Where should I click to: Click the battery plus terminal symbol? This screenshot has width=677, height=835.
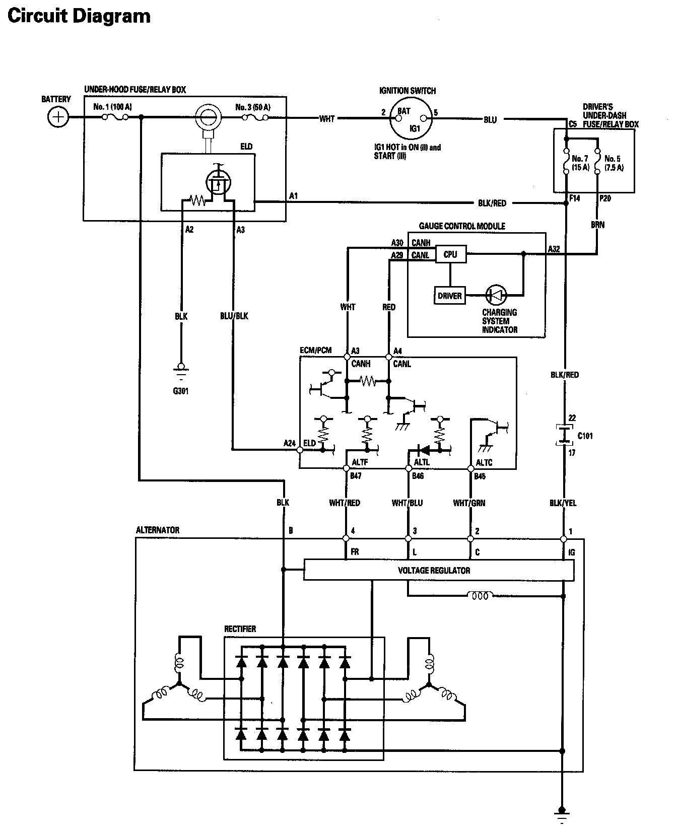pyautogui.click(x=58, y=117)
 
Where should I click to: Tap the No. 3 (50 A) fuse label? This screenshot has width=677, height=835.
pyautogui.click(x=253, y=107)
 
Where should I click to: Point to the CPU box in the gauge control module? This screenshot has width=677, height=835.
pyautogui.click(x=450, y=255)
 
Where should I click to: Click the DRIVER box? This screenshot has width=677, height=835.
pyautogui.click(x=449, y=296)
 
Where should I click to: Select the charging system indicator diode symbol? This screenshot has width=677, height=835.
pyautogui.click(x=497, y=295)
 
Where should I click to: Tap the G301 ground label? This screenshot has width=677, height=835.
pyautogui.click(x=180, y=391)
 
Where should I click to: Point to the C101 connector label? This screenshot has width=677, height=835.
pyautogui.click(x=585, y=436)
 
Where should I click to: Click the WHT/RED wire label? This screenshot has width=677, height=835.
pyautogui.click(x=345, y=503)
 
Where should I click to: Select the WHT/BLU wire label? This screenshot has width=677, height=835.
pyautogui.click(x=408, y=503)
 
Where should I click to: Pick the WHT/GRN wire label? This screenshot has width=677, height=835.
pyautogui.click(x=469, y=503)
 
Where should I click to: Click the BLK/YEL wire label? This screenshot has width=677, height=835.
pyautogui.click(x=563, y=503)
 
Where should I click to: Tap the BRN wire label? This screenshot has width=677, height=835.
pyautogui.click(x=598, y=225)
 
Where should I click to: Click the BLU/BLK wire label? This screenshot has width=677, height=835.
pyautogui.click(x=234, y=316)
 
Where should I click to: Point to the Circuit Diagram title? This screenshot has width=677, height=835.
pyautogui.click(x=79, y=16)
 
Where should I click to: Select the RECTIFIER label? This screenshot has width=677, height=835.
pyautogui.click(x=240, y=629)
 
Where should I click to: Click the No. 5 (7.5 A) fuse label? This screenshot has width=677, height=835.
pyautogui.click(x=614, y=163)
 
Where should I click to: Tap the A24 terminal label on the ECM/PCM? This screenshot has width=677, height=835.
pyautogui.click(x=290, y=443)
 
